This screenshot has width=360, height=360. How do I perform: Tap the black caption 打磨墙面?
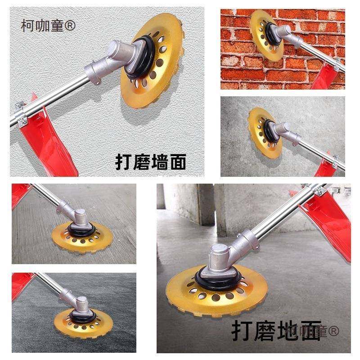coord(151,162)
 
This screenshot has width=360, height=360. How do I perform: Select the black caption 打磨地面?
coord(276,330)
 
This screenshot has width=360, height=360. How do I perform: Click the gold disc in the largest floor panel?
coord(216,288)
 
